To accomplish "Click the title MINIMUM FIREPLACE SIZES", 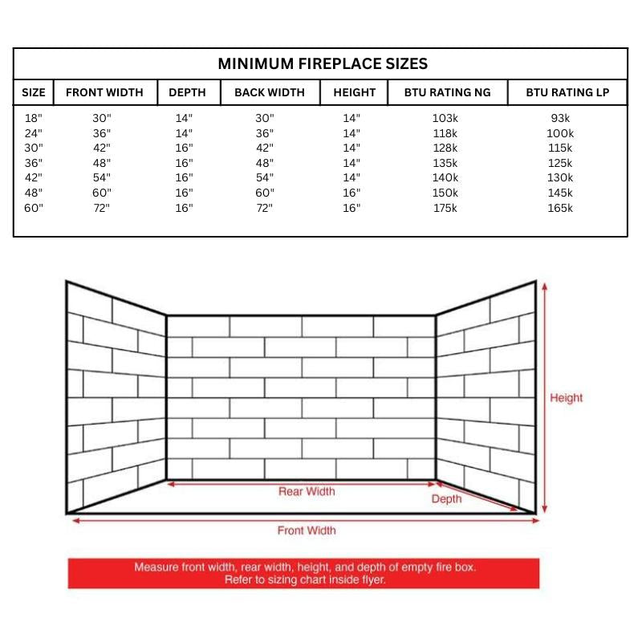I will (323, 64).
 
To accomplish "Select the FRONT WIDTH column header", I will (104, 92).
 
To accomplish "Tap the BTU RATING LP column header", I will (567, 92).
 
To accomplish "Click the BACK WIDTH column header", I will (270, 92).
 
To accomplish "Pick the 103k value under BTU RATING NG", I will (445, 118).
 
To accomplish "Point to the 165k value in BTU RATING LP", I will (560, 208).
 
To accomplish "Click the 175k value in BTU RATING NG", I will (445, 208).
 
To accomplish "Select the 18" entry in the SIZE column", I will (33, 118).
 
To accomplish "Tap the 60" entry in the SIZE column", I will (33, 208).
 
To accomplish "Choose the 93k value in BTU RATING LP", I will (560, 118).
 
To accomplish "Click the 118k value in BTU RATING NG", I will (445, 133).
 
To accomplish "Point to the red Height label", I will (566, 398).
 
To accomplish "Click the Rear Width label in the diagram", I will (307, 491).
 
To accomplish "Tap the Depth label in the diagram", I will (446, 499).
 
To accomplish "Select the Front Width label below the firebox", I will (307, 530).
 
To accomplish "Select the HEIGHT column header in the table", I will (354, 92).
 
